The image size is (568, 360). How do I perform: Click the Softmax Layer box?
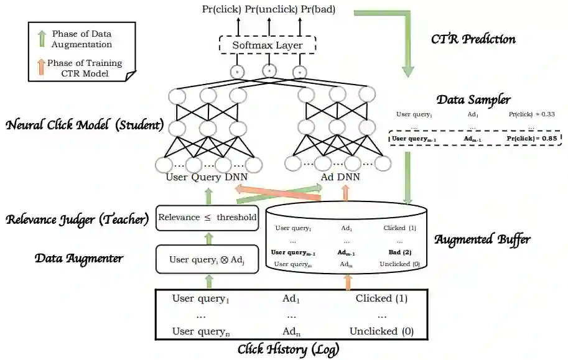[x=268, y=46]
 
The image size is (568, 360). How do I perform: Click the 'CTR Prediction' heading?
[x=473, y=39]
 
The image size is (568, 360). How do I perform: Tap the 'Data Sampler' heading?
[x=473, y=99]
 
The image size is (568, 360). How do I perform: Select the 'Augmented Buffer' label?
[x=482, y=239]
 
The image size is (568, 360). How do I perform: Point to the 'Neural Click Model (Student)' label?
[x=85, y=125]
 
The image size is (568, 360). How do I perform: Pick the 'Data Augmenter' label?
[x=78, y=258]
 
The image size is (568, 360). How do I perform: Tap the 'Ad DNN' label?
[x=340, y=177]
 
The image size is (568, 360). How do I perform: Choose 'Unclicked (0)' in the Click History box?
[x=381, y=331]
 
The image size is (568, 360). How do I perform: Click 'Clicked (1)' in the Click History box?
[x=381, y=298]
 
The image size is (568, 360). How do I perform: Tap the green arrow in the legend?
[x=42, y=38]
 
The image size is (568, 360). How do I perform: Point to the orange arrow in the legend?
[x=42, y=67]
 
